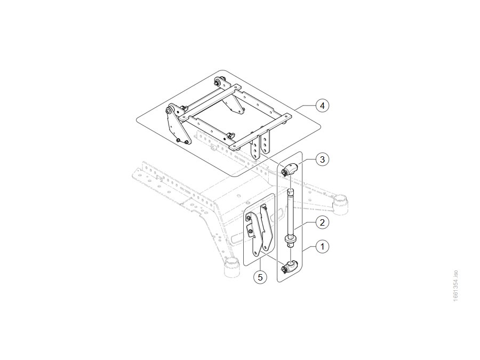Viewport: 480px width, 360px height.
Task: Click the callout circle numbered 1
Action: click(x=322, y=246)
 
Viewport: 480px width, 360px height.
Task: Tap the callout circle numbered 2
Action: click(x=322, y=222)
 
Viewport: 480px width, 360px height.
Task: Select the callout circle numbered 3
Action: click(x=322, y=159)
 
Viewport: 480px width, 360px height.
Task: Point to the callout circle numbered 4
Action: click(x=322, y=106)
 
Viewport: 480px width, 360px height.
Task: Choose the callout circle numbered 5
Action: click(x=260, y=277)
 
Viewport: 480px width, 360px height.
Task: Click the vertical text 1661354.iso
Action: click(x=455, y=286)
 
